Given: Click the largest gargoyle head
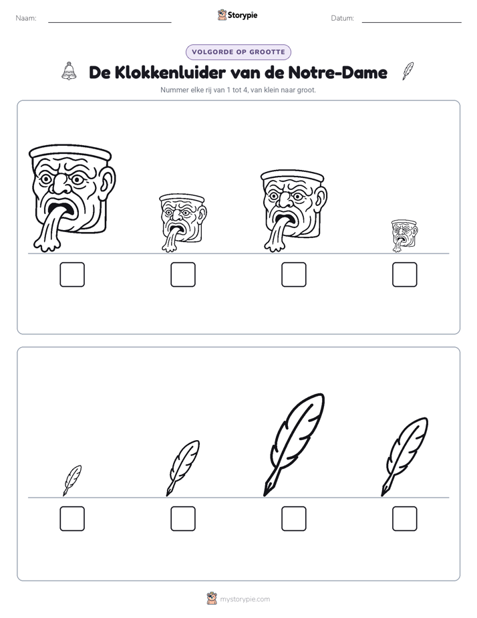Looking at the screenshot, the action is (x=72, y=198).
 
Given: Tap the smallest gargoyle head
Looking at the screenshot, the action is (x=404, y=235).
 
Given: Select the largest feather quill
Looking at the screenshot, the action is (x=294, y=445).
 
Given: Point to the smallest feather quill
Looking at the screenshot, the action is (x=72, y=480).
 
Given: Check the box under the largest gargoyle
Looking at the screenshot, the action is (x=72, y=274).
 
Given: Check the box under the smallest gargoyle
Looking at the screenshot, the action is (x=405, y=274).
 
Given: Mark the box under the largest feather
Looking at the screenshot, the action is (x=294, y=519).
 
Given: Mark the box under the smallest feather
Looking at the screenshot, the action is (x=72, y=519).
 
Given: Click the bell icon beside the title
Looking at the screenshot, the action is (x=69, y=71).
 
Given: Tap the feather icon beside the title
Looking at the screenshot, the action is (x=408, y=71).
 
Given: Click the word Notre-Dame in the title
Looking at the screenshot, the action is (x=337, y=72).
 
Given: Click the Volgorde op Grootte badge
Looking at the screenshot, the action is (x=238, y=52).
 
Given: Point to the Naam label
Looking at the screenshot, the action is (x=26, y=18).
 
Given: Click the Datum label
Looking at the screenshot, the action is (x=343, y=18).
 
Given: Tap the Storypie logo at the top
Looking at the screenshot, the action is (x=237, y=15).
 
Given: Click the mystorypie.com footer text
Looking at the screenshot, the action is (x=245, y=599).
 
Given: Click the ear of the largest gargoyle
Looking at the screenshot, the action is (x=107, y=182).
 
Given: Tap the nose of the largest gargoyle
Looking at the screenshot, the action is (x=60, y=184).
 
